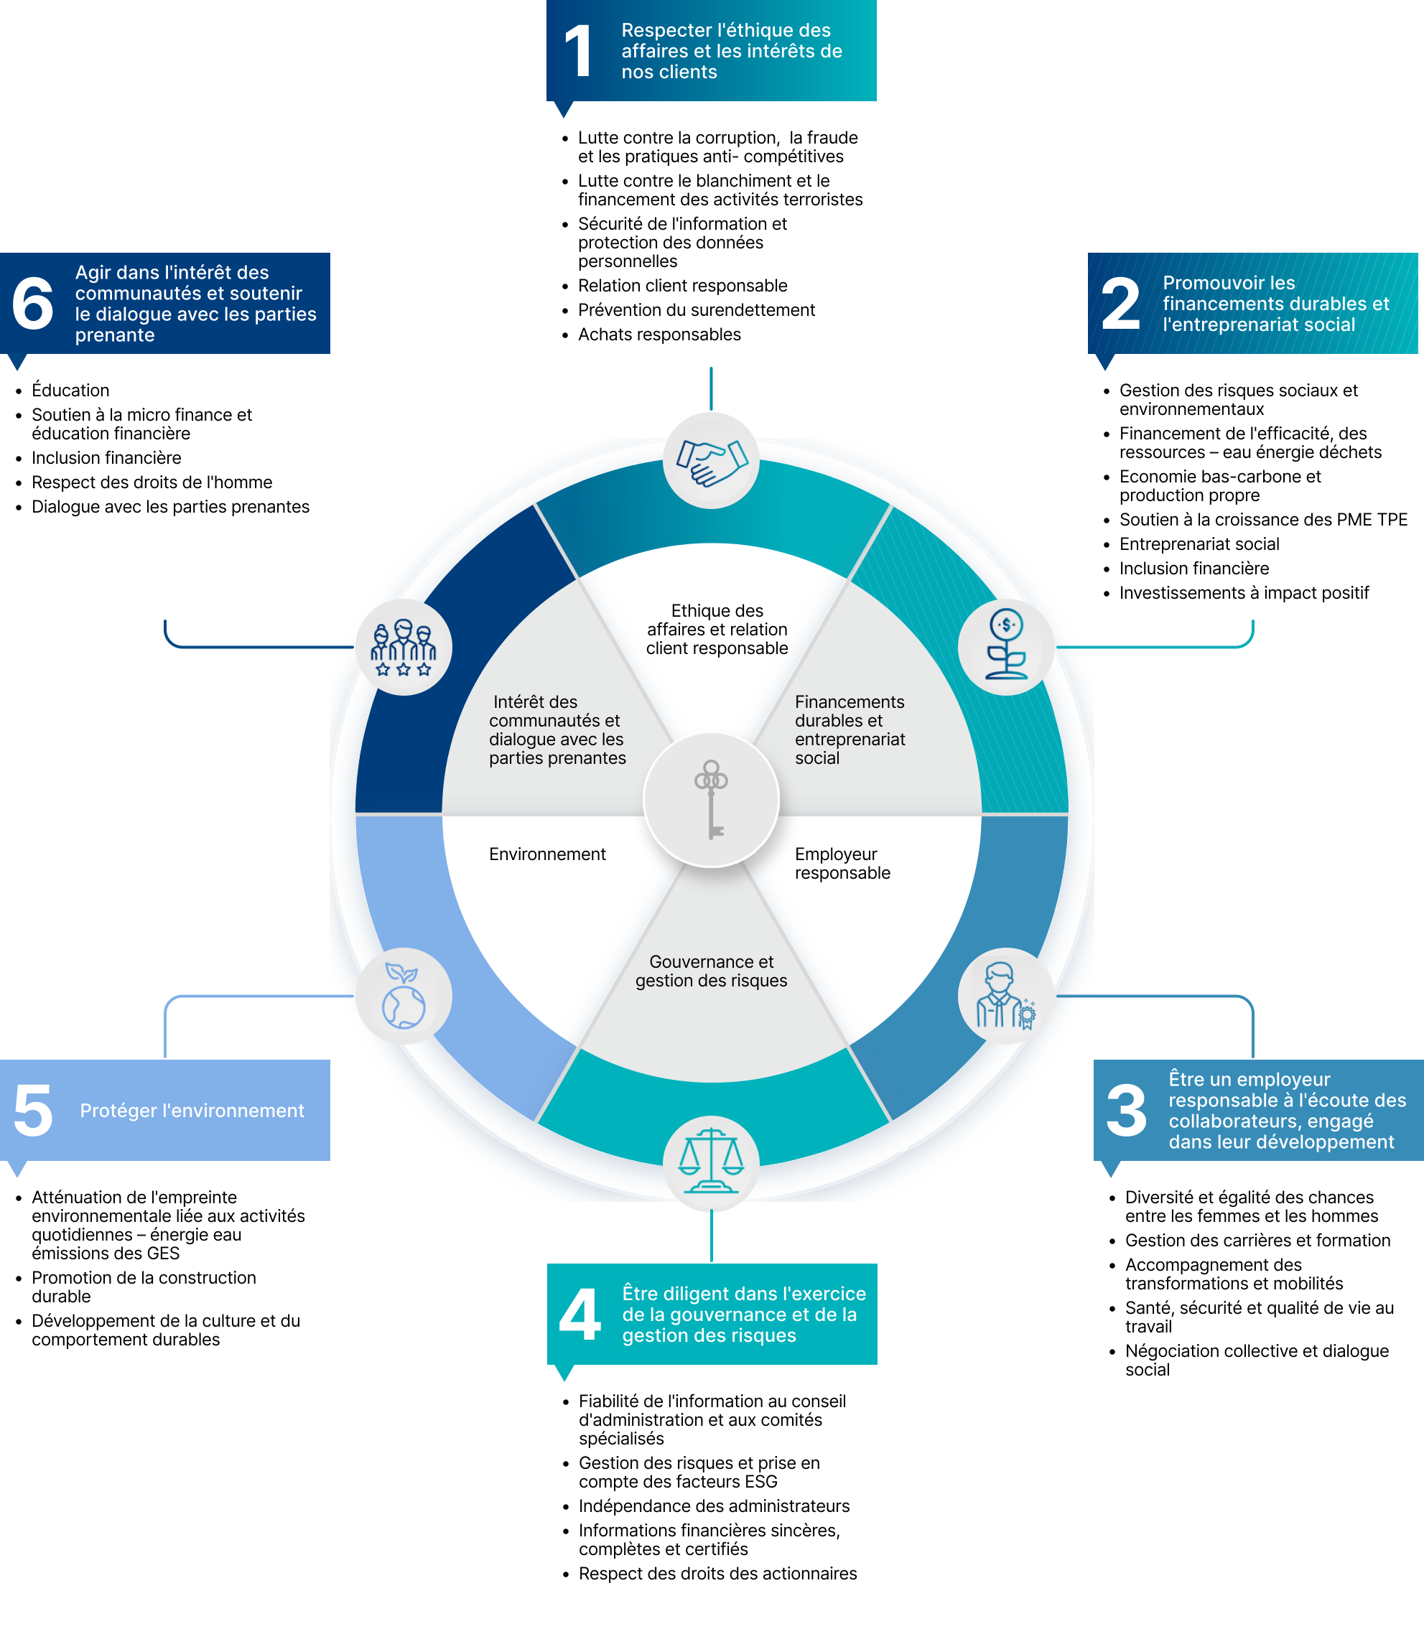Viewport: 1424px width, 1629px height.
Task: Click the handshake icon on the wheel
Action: click(711, 462)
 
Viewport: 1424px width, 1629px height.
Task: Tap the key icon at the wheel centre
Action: click(711, 800)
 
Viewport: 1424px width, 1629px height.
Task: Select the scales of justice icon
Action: click(711, 1161)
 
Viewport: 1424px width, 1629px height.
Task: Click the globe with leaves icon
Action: click(404, 996)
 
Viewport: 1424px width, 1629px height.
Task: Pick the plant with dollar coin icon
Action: click(1006, 644)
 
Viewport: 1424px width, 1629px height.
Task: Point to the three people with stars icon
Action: click(404, 648)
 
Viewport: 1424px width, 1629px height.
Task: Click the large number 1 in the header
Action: click(579, 51)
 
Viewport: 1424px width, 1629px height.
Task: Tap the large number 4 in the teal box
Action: click(580, 1314)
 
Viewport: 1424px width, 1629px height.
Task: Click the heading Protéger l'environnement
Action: click(192, 1111)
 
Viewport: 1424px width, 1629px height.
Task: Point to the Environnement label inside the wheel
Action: click(547, 854)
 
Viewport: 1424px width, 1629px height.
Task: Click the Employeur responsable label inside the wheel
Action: click(842, 864)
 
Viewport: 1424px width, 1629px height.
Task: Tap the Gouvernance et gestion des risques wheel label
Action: click(711, 971)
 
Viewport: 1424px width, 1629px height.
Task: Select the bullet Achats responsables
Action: click(659, 335)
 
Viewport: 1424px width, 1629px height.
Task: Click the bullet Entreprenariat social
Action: click(1199, 544)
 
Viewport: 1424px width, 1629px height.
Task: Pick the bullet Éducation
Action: click(70, 390)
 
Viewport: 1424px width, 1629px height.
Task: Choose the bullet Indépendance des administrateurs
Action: click(714, 1506)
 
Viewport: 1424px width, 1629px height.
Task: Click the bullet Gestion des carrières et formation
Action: click(1258, 1241)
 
